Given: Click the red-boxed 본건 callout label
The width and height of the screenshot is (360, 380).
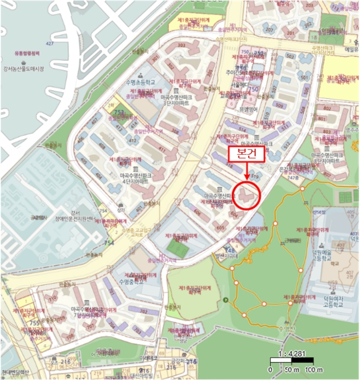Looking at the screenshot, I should click(246, 154).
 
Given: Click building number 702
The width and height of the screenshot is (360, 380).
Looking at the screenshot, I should click(144, 312).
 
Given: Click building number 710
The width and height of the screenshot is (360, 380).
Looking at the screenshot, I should click(53, 299).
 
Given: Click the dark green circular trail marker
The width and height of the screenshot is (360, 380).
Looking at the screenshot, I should click(226, 300).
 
